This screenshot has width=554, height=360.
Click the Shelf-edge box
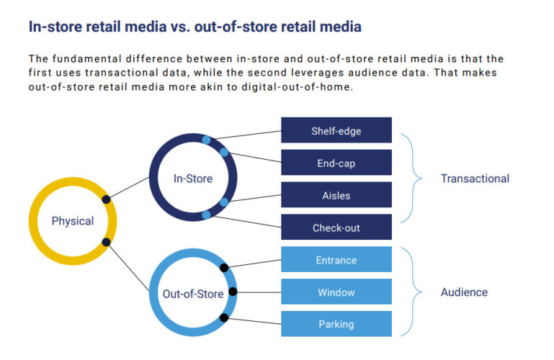tap(336, 131)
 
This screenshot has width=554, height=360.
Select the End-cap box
tap(336, 163)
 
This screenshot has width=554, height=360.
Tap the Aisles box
tap(336, 195)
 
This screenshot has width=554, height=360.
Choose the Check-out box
tap(336, 228)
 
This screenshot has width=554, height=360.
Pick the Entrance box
tap(336, 260)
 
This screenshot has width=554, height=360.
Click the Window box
tap(336, 292)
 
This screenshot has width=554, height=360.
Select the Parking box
tap(336, 324)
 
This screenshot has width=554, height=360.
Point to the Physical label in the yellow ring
tap(72, 221)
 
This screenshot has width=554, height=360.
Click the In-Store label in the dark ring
tap(193, 178)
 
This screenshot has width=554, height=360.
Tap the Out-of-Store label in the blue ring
tap(192, 293)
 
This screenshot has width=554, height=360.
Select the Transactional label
tap(475, 179)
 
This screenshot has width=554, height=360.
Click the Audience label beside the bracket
tap(464, 292)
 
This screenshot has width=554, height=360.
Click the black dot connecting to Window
tap(232, 292)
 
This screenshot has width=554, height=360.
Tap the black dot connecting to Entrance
tap(224, 268)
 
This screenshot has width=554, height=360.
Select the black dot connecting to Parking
tap(224, 317)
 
